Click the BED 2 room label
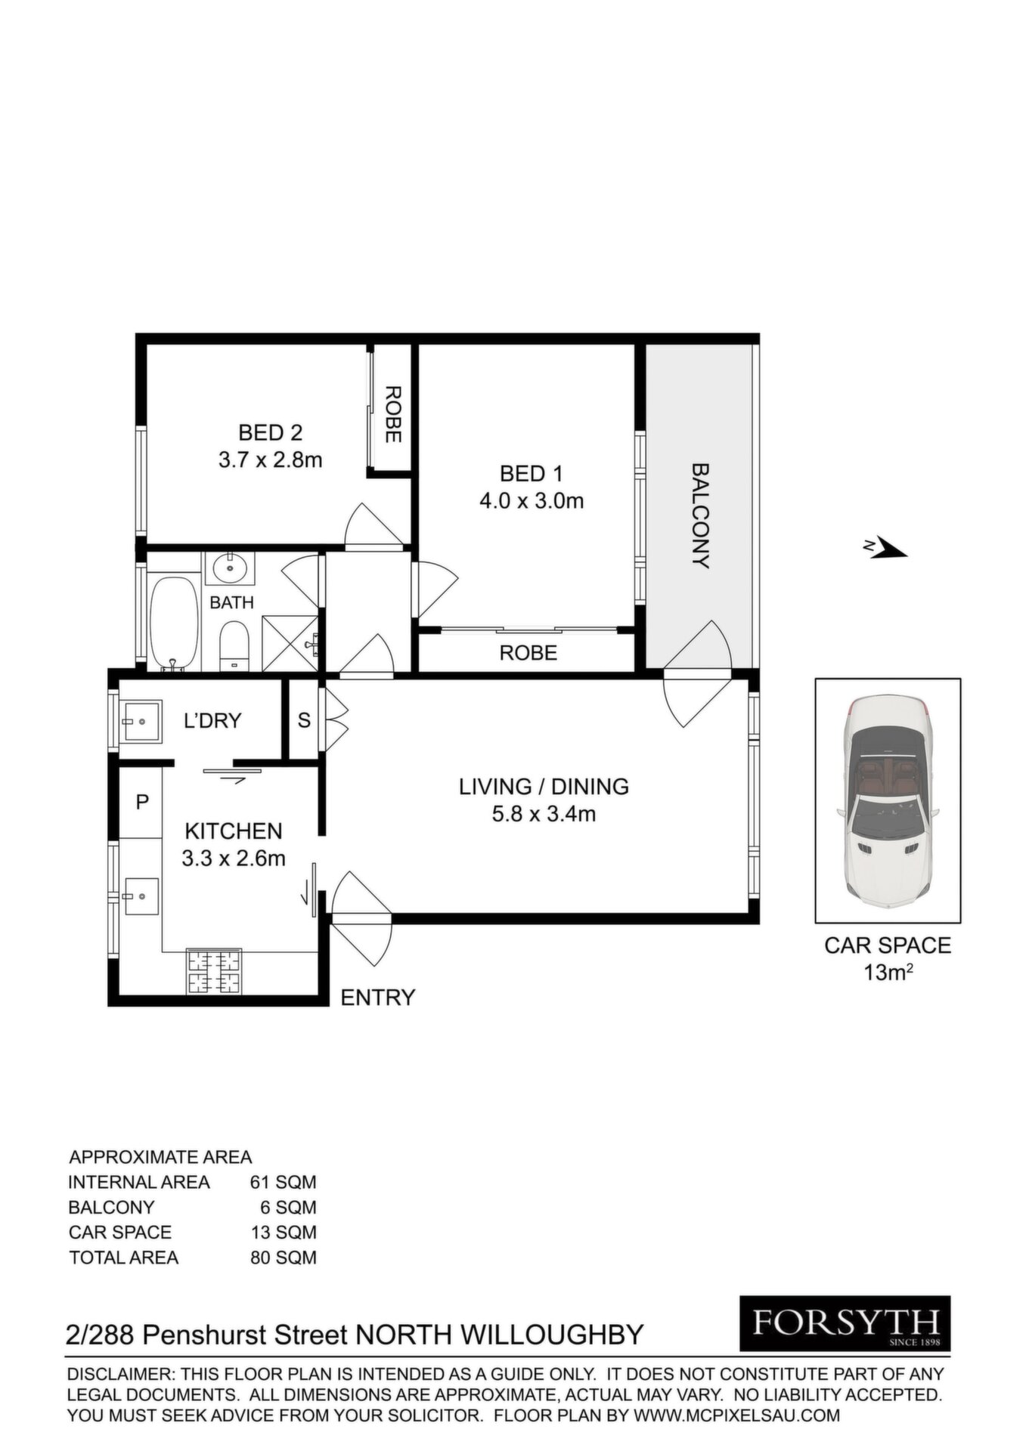(270, 433)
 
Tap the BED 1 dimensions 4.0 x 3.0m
(532, 500)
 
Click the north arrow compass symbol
(885, 548)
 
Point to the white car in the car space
(888, 801)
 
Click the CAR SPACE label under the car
(888, 945)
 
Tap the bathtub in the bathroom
(174, 623)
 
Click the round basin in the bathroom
(229, 568)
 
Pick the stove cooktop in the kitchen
(214, 972)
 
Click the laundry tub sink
(141, 721)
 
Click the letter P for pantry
(141, 803)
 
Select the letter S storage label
(304, 720)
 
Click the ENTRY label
(378, 998)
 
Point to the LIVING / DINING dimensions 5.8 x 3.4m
(544, 814)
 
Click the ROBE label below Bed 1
(528, 652)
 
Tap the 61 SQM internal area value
(284, 1182)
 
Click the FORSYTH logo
(845, 1323)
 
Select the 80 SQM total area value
(284, 1258)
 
